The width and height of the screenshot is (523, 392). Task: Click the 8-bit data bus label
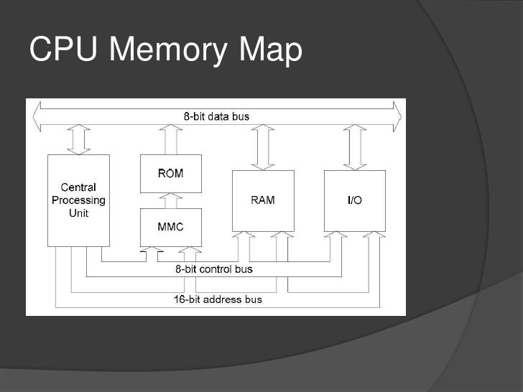(x=216, y=116)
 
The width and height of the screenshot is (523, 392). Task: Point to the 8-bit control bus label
(x=214, y=269)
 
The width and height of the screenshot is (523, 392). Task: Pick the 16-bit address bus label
(x=218, y=299)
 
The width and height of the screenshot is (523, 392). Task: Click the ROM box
(x=170, y=174)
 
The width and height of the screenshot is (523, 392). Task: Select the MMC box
(x=170, y=227)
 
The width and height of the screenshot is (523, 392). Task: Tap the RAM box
(x=262, y=200)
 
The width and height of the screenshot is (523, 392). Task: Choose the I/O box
(x=354, y=200)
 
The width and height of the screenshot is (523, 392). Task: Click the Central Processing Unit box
(x=78, y=200)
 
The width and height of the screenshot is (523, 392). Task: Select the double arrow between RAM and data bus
(x=263, y=146)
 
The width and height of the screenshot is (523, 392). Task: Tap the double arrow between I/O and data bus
(x=355, y=146)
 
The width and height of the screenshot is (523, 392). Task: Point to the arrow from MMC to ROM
(x=170, y=200)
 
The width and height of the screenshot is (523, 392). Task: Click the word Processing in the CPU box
(x=78, y=200)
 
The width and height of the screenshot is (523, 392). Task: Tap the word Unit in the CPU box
(x=78, y=213)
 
